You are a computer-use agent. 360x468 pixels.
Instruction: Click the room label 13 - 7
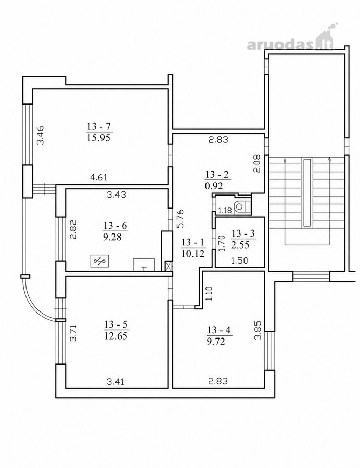(99, 126)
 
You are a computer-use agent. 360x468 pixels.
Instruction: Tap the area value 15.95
(99, 138)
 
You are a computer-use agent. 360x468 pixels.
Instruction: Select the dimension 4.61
(98, 178)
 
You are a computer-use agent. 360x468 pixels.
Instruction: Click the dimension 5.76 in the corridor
(181, 218)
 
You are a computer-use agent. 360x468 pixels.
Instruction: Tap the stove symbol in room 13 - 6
(100, 261)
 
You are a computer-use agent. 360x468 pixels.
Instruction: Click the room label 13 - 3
(243, 233)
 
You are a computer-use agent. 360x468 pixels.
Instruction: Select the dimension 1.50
(239, 261)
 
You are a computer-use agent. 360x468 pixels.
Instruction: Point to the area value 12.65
(116, 336)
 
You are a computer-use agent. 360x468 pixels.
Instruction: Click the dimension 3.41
(115, 381)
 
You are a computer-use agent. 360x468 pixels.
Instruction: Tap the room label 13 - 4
(218, 330)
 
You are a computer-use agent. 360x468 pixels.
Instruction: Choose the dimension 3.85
(258, 330)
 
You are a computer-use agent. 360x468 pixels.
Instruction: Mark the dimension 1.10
(209, 293)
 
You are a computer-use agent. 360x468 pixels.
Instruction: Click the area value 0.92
(214, 186)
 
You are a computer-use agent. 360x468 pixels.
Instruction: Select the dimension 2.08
(258, 163)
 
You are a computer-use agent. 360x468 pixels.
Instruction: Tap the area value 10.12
(193, 254)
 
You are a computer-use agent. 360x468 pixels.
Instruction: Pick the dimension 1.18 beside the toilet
(225, 211)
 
